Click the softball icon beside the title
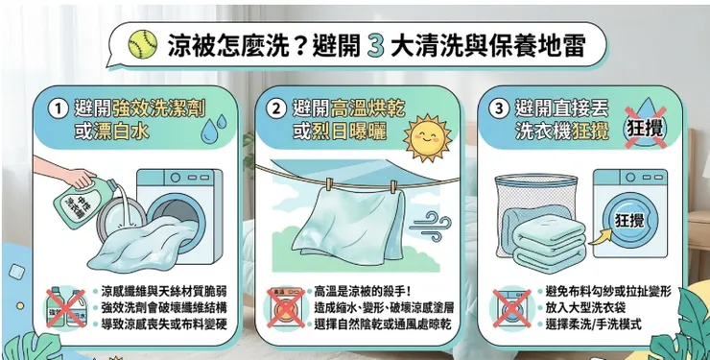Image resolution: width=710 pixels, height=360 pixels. (x=143, y=43)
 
